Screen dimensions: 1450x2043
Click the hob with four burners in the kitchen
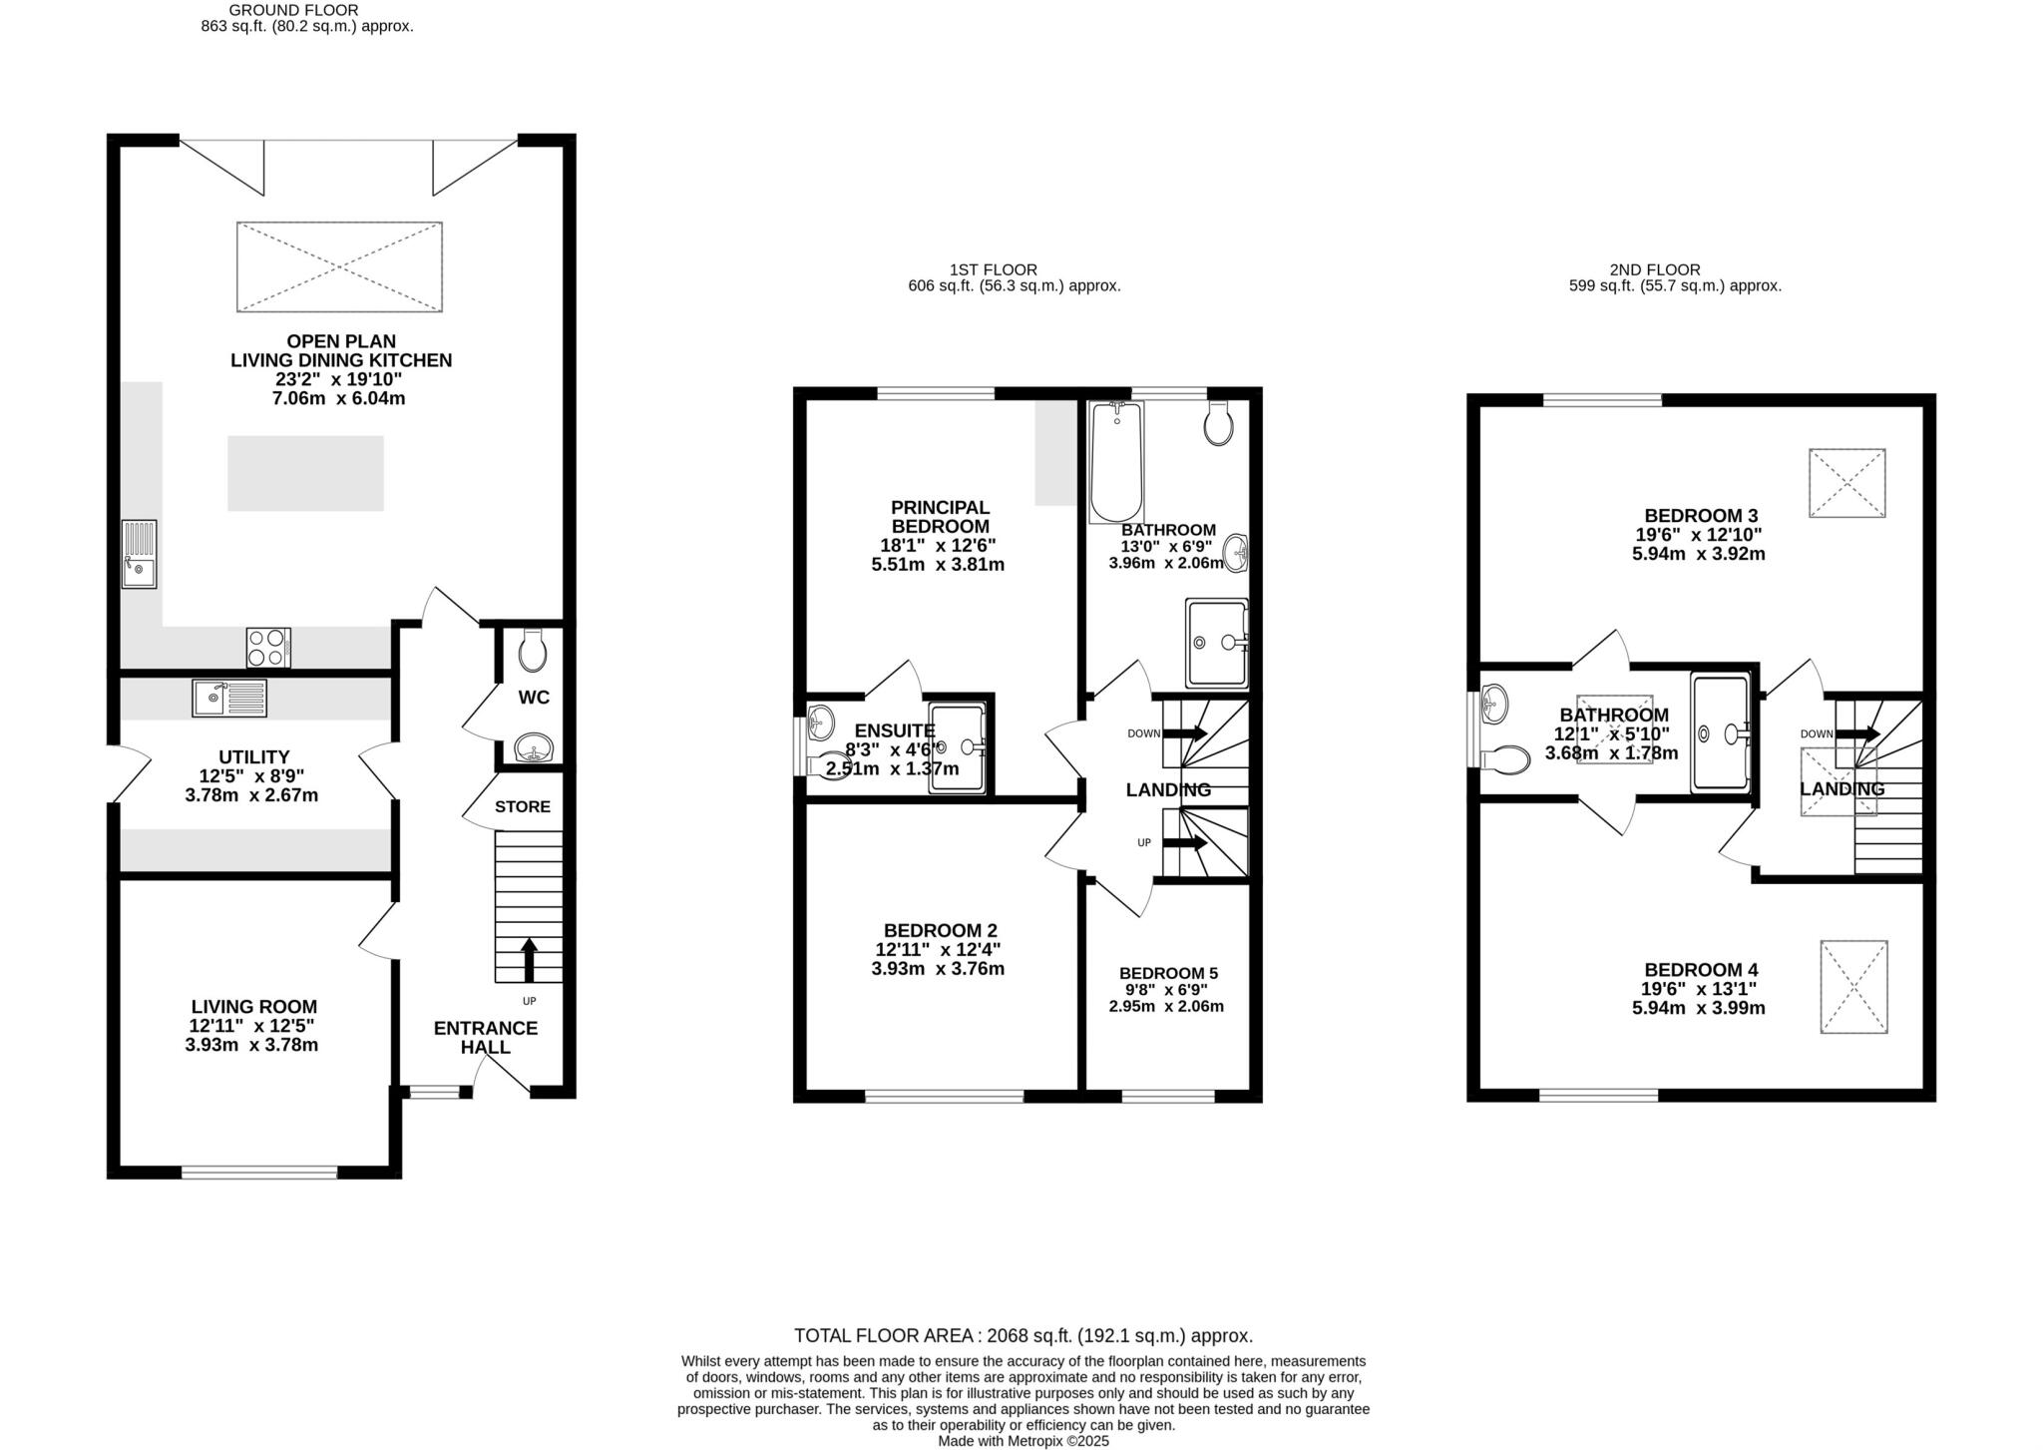[x=268, y=647]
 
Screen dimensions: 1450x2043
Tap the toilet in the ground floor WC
[x=534, y=652]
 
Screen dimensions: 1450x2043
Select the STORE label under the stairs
[x=522, y=806]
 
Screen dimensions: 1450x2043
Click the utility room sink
[x=229, y=698]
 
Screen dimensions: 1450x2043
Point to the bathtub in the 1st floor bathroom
[x=1115, y=463]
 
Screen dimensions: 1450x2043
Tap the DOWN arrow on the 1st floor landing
[x=1185, y=733]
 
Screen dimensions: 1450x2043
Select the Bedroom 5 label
[x=1168, y=973]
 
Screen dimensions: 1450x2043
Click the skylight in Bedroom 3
[x=1846, y=483]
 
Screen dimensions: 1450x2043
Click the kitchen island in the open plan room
[x=305, y=473]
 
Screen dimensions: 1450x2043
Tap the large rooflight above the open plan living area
[x=339, y=266]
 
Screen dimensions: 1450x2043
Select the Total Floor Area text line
[x=1022, y=1335]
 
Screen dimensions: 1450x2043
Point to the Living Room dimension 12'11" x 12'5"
[x=253, y=1026]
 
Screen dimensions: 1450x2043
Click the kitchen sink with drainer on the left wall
[x=139, y=554]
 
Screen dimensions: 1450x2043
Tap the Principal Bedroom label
[x=940, y=517]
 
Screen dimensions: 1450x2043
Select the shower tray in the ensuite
[x=957, y=747]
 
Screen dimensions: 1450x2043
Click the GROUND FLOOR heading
[x=293, y=10]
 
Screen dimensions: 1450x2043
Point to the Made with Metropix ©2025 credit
[x=1022, y=1441]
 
